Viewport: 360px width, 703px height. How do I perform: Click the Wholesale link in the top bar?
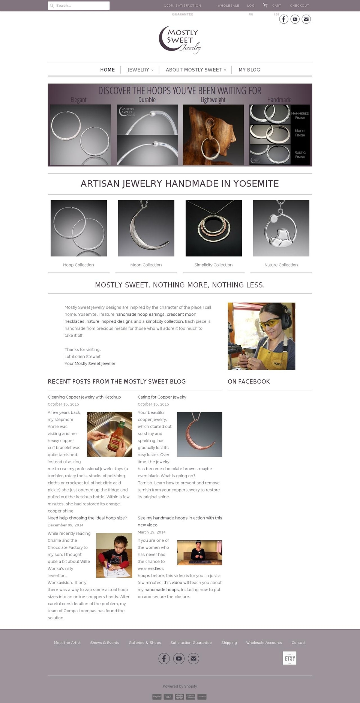coord(228,6)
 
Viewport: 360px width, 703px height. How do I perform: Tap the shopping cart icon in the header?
coord(265,5)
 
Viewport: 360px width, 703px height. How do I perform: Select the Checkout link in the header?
coord(299,6)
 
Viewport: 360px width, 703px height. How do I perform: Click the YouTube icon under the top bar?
coord(295,19)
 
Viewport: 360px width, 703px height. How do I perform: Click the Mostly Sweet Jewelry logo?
coord(180,39)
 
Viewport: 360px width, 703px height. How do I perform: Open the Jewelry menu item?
coord(138,70)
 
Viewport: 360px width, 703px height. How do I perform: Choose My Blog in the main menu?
coord(249,70)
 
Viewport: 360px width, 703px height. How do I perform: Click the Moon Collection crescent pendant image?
coord(146,228)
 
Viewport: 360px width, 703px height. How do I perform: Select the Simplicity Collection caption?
coord(213,265)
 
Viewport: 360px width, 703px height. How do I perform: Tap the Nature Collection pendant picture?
coord(281,228)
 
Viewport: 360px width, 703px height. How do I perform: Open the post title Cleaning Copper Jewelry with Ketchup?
coord(84,397)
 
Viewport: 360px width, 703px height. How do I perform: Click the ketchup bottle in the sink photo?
coord(114,435)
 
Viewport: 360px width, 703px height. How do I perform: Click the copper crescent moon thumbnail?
coord(199,435)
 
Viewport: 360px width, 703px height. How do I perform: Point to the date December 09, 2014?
coord(66,525)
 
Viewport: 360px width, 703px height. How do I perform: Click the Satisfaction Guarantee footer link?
coord(191,643)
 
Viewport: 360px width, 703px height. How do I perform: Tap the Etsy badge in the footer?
coord(289,658)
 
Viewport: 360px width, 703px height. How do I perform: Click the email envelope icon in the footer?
coord(193,658)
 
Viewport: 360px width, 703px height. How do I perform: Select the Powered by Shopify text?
coord(180,687)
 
